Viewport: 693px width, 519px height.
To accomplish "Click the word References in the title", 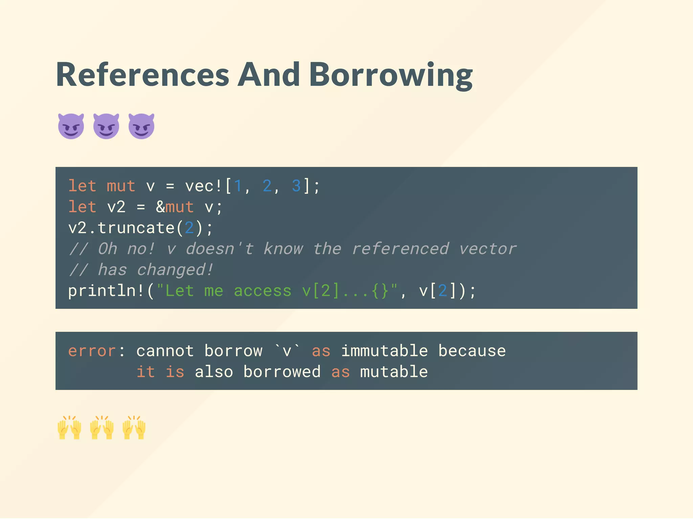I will (142, 75).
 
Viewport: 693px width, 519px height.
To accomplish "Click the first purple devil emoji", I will (71, 126).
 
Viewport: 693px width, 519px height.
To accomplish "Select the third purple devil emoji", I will (141, 126).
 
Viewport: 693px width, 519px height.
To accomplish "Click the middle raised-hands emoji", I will (102, 427).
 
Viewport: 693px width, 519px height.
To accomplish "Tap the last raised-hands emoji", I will (134, 427).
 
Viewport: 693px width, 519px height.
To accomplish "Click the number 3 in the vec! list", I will (296, 186).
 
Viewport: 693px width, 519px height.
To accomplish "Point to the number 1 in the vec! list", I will (238, 186).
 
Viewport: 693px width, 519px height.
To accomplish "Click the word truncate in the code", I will (136, 228).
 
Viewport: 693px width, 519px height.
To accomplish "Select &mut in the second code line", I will (175, 207).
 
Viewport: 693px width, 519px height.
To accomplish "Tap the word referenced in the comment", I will (400, 249).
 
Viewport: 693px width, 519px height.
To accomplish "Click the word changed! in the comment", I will (175, 270).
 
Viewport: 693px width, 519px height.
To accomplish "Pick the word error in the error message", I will (92, 351).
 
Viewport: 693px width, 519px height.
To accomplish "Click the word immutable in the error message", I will (384, 351).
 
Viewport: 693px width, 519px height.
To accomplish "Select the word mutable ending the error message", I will (394, 372).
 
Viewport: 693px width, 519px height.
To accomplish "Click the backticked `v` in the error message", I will (287, 351).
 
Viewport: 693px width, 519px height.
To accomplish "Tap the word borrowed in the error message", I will (282, 372).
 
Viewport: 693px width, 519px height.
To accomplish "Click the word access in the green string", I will (263, 291).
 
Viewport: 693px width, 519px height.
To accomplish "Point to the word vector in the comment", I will (488, 249).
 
